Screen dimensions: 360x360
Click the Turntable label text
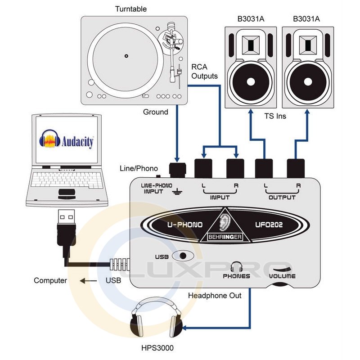pyautogui.click(x=130, y=9)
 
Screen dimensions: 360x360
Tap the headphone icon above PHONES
pyautogui.click(x=236, y=267)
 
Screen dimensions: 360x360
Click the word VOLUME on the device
pyautogui.click(x=282, y=276)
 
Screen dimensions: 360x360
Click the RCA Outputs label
pyautogui.click(x=205, y=72)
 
